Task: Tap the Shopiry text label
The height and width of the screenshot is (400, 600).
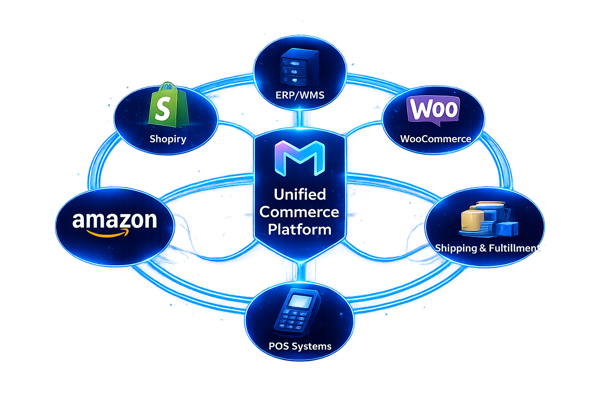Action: click(x=168, y=139)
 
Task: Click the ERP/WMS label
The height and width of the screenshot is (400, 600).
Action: click(x=300, y=95)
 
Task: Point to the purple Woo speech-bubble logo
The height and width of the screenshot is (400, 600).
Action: click(x=433, y=109)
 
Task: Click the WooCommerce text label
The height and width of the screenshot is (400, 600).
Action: click(x=436, y=139)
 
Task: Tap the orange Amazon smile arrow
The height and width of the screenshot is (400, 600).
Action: click(x=107, y=233)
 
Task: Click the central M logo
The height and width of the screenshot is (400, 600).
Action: click(x=300, y=158)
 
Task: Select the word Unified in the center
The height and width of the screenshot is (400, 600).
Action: click(x=300, y=194)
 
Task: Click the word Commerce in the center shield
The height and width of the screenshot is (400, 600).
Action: click(x=299, y=212)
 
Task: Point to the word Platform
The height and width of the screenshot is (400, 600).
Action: click(x=300, y=229)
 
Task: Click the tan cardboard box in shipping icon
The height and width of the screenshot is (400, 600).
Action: click(x=471, y=221)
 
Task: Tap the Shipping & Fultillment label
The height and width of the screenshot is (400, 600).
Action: click(x=487, y=248)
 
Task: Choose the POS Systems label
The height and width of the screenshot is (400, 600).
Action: click(x=300, y=346)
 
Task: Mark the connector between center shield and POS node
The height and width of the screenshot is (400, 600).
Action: click(x=300, y=271)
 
